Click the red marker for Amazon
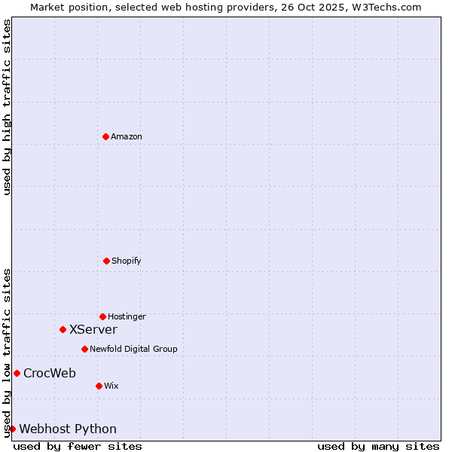tap(105, 136)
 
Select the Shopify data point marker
tap(106, 261)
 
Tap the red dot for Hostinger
tap(102, 316)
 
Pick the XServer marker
tap(63, 329)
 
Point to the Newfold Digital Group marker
tap(84, 349)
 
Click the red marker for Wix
tap(99, 386)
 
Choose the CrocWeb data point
tap(17, 373)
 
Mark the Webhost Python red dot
tap(12, 429)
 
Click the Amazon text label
tap(127, 136)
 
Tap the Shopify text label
tap(127, 261)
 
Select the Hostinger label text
tap(127, 316)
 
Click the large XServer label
tap(93, 329)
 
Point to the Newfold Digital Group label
tap(133, 349)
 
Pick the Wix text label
tap(111, 386)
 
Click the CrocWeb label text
tap(50, 373)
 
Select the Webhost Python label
tap(68, 429)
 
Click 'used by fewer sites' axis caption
tap(78, 446)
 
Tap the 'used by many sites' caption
tap(378, 446)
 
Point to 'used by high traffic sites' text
tap(7, 107)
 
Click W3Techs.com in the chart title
tap(386, 7)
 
